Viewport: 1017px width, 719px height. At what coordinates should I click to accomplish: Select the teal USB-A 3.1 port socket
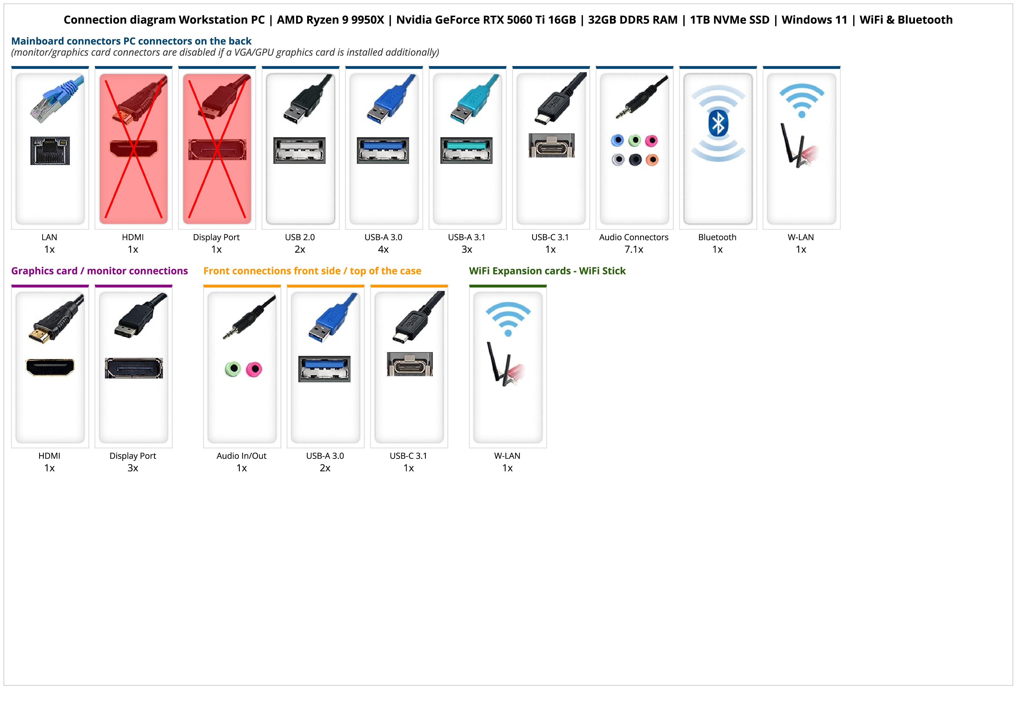pyautogui.click(x=466, y=150)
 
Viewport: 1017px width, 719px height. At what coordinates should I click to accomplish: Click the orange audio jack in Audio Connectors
pyautogui.click(x=652, y=160)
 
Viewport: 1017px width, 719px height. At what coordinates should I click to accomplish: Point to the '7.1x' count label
pyautogui.click(x=633, y=249)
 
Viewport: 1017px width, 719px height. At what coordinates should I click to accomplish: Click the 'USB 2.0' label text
pyautogui.click(x=300, y=237)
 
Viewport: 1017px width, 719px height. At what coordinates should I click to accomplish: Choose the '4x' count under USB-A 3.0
pyautogui.click(x=383, y=249)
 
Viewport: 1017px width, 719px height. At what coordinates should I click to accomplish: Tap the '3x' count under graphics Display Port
pyautogui.click(x=133, y=468)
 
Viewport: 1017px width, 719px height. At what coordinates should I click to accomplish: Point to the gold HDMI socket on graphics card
pyautogui.click(x=50, y=367)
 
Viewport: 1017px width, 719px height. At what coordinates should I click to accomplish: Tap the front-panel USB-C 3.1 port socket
pyautogui.click(x=410, y=364)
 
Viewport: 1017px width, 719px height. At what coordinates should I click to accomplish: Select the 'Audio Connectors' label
pyautogui.click(x=633, y=237)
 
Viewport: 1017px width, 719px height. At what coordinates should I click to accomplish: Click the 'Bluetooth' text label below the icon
pyautogui.click(x=717, y=237)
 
